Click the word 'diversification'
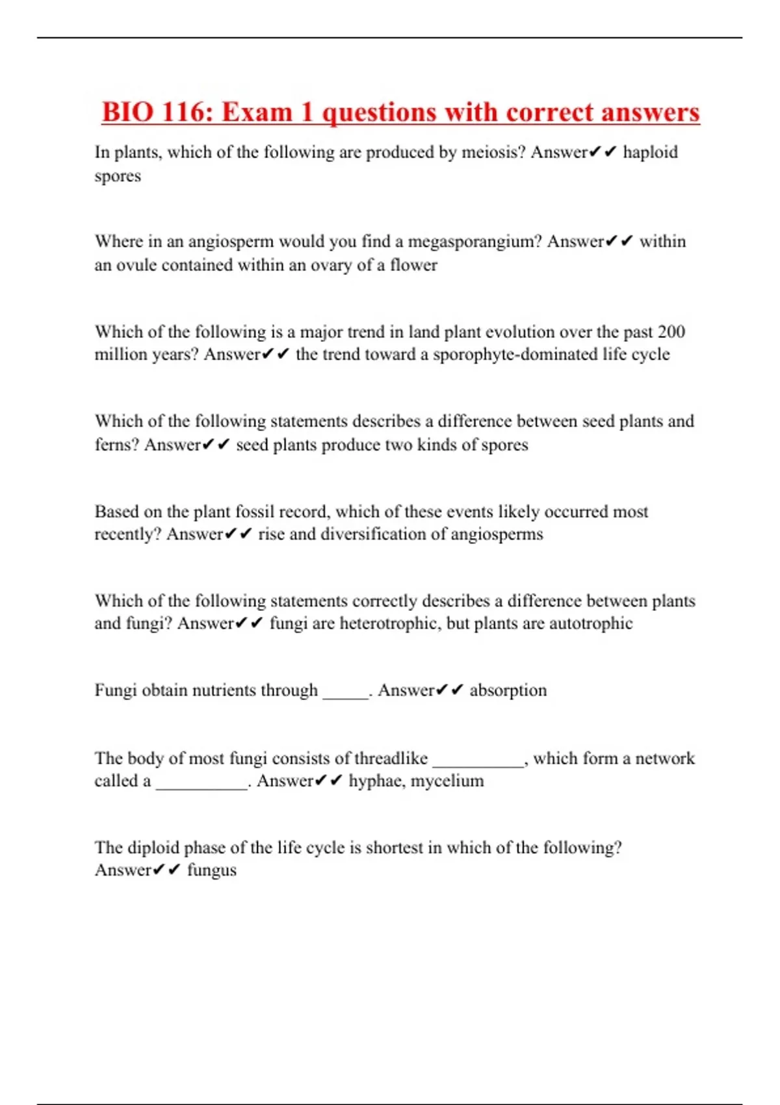(x=374, y=534)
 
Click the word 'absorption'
(x=508, y=690)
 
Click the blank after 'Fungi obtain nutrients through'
(x=346, y=694)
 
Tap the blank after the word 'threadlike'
(x=478, y=762)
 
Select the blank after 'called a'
(x=201, y=785)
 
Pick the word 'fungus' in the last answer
(x=212, y=870)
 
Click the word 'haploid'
(x=650, y=152)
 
